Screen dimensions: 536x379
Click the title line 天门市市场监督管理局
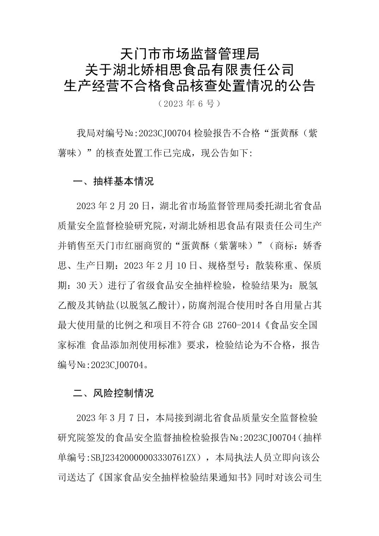[189, 54]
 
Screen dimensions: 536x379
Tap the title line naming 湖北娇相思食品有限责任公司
[189, 69]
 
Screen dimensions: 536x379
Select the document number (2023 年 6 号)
[189, 104]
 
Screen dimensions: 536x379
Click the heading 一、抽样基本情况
[113, 182]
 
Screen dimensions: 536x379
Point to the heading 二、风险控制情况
[113, 393]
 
